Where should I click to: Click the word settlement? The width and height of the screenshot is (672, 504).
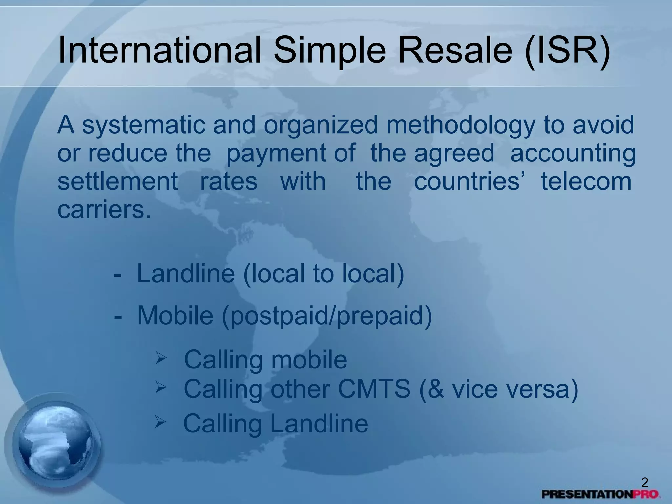pyautogui.click(x=117, y=181)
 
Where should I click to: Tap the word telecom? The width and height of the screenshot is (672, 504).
pyautogui.click(x=586, y=181)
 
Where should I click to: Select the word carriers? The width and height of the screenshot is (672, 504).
pyautogui.click(x=104, y=210)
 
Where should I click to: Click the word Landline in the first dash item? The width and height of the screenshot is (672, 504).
pyautogui.click(x=186, y=274)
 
